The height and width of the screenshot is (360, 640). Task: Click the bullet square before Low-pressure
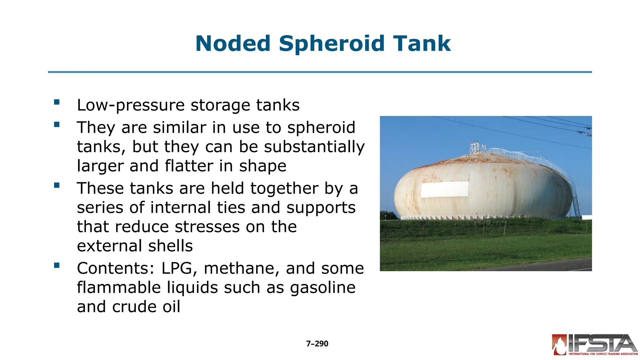57,102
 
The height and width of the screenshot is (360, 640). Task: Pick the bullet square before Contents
57,265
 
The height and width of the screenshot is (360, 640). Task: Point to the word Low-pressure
131,105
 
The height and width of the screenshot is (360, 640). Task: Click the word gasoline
322,287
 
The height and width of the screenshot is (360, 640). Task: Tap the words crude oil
146,307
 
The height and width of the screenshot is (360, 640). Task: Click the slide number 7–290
317,343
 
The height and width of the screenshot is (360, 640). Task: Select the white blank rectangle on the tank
444,189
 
